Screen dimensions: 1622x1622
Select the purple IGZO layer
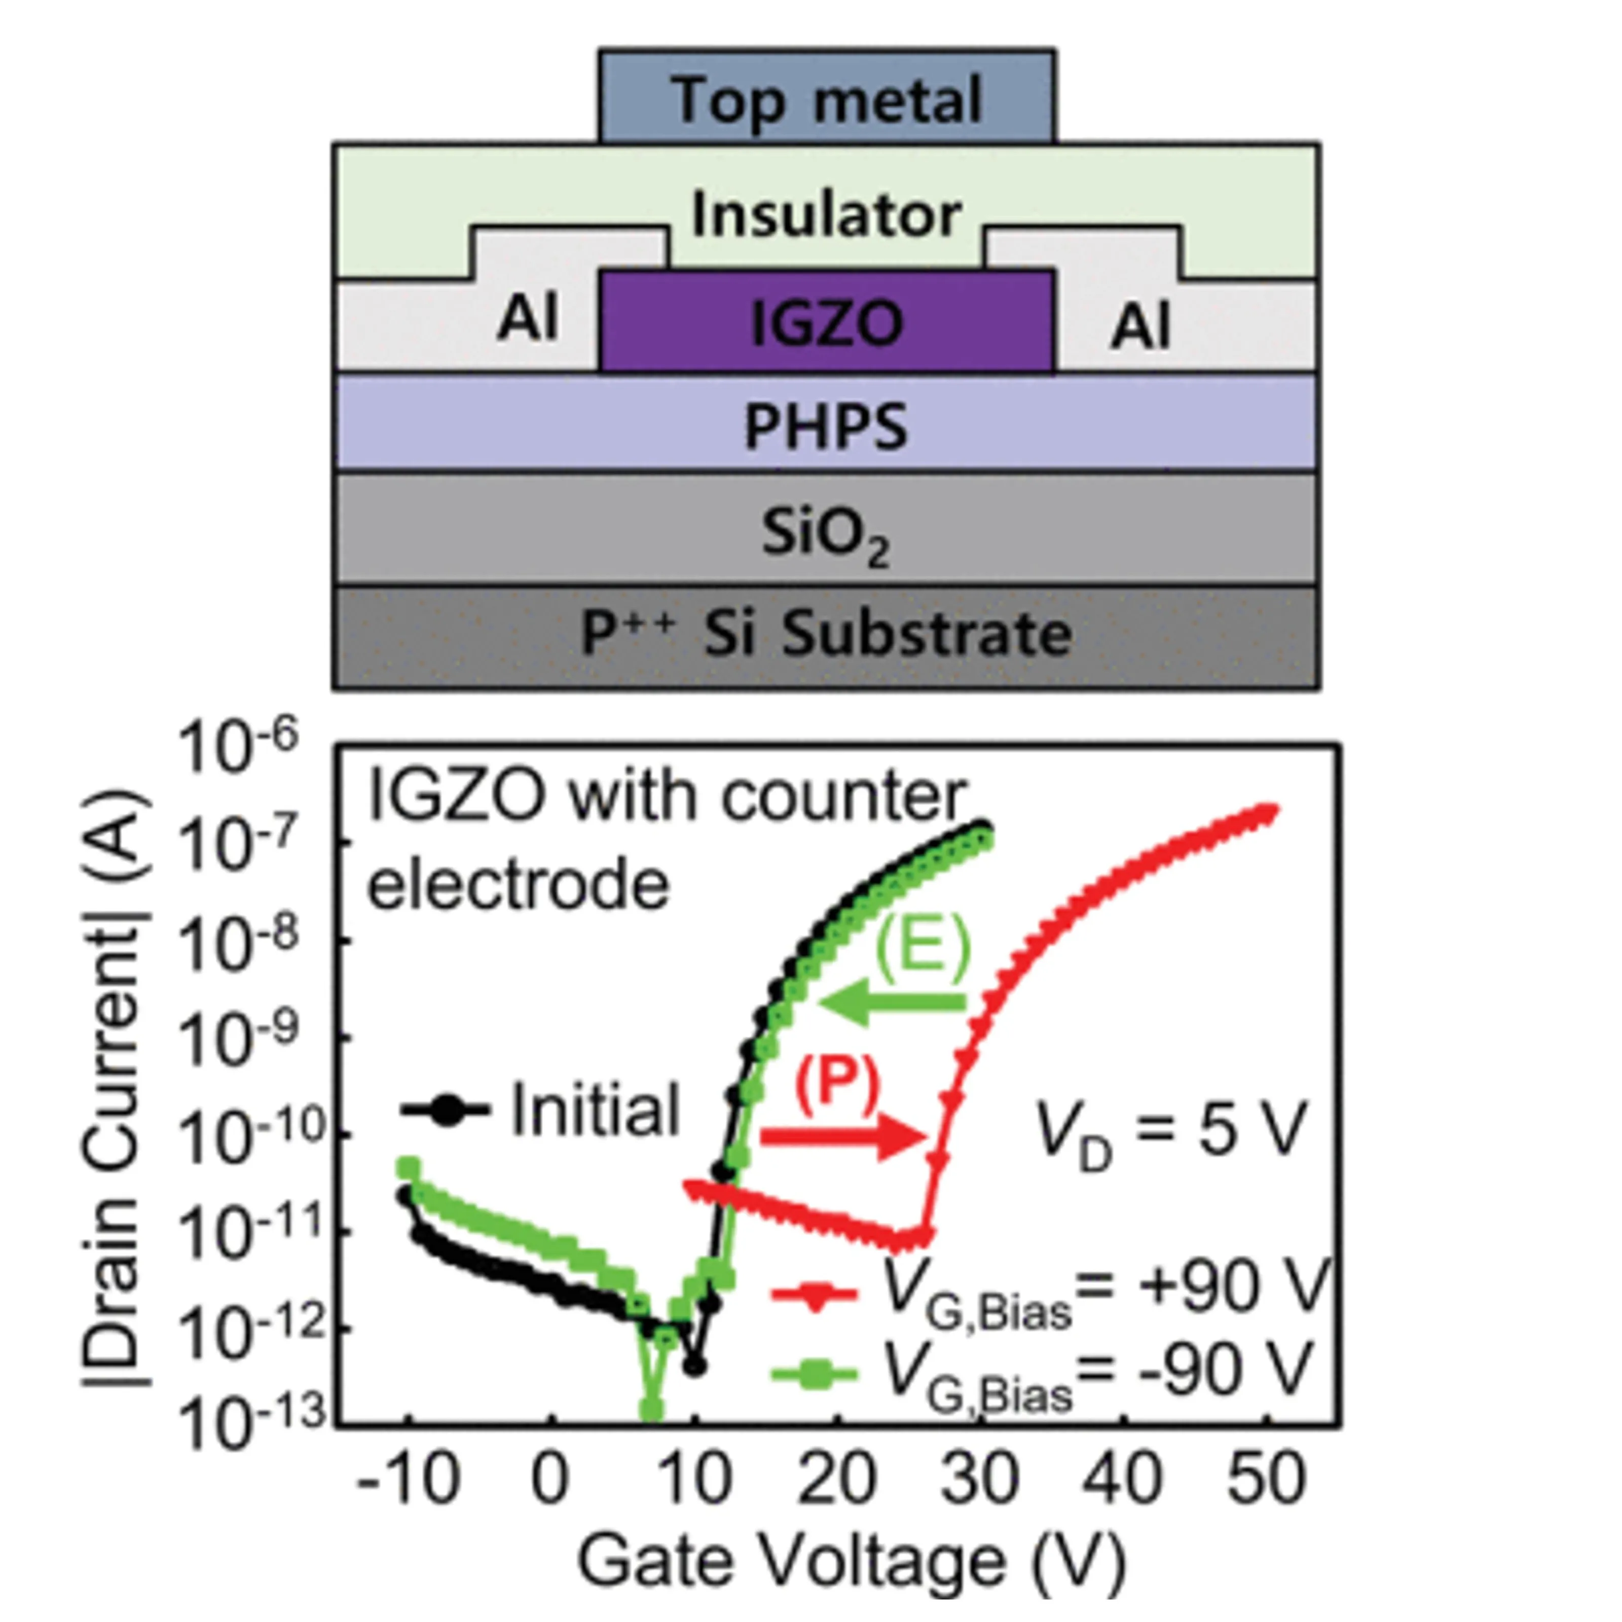[827, 321]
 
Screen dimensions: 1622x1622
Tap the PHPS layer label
[826, 426]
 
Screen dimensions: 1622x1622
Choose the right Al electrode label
[1140, 326]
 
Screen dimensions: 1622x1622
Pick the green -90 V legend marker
[813, 1374]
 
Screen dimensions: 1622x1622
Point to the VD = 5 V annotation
[1172, 1133]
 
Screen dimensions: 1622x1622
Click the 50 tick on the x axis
[1267, 1478]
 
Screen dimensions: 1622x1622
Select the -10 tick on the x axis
[409, 1478]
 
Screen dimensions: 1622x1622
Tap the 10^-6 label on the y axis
[238, 750]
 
